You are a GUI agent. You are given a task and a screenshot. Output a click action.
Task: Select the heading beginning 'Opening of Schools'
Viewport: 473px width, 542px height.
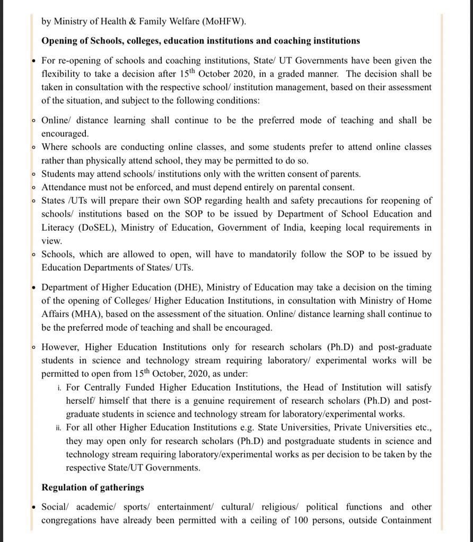click(x=200, y=41)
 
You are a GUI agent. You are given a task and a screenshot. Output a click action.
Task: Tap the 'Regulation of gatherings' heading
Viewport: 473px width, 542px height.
click(x=93, y=487)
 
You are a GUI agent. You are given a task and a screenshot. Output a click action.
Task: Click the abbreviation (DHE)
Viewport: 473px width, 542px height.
click(x=188, y=287)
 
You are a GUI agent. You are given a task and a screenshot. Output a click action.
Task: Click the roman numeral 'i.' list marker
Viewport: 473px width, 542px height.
click(x=59, y=388)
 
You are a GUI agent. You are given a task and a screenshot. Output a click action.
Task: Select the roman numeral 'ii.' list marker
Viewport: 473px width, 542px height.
click(x=58, y=428)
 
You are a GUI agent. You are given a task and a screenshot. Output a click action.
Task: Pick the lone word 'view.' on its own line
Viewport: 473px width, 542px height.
click(x=52, y=241)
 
